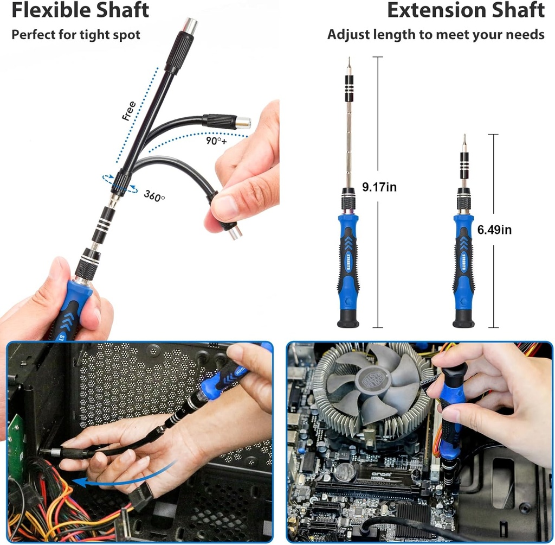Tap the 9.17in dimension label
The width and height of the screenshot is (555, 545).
379,187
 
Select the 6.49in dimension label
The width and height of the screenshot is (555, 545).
494,230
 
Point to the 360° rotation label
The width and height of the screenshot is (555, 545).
154,195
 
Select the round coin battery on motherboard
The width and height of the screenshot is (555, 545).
344,472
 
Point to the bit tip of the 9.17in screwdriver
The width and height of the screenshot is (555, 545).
349,62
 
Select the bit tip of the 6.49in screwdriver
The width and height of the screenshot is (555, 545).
464,140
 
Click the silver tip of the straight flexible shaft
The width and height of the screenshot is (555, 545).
190,24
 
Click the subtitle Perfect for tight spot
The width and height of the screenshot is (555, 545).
76,35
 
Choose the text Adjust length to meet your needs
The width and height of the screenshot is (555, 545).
436,35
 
